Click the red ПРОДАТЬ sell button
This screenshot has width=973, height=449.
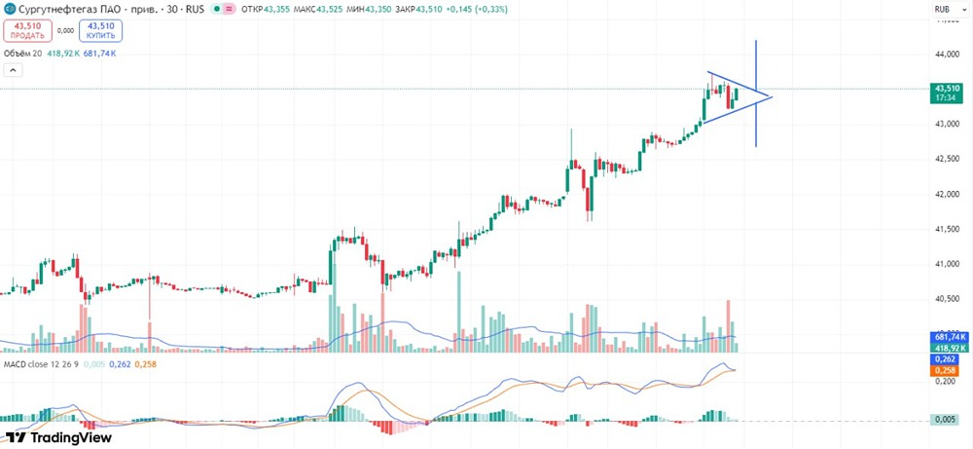click(28, 30)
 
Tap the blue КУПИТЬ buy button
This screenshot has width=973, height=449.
click(100, 30)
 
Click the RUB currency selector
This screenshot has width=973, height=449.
click(941, 10)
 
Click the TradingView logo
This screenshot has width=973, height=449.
click(58, 437)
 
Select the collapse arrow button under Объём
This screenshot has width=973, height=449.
click(13, 70)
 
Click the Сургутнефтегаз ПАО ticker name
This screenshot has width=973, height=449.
click(67, 10)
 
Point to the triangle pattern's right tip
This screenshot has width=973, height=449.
click(771, 96)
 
